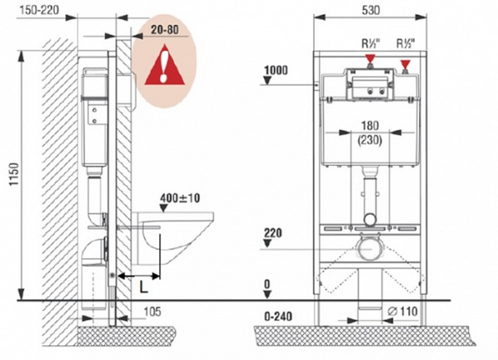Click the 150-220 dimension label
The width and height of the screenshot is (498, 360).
pyautogui.click(x=39, y=9)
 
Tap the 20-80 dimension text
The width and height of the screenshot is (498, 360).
pyautogui.click(x=164, y=30)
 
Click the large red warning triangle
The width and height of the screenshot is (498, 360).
pyautogui.click(x=164, y=65)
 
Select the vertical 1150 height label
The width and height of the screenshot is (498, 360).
pyautogui.click(x=14, y=174)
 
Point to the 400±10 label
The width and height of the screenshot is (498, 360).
pyautogui.click(x=180, y=198)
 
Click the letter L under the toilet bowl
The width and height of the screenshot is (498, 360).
pyautogui.click(x=144, y=288)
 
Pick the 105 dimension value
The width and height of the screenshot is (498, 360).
pyautogui.click(x=153, y=312)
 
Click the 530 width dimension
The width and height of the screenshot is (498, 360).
pyautogui.click(x=371, y=10)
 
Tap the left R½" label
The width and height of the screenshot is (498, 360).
pyautogui.click(x=372, y=43)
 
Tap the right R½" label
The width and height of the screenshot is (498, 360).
pyautogui.click(x=406, y=43)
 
